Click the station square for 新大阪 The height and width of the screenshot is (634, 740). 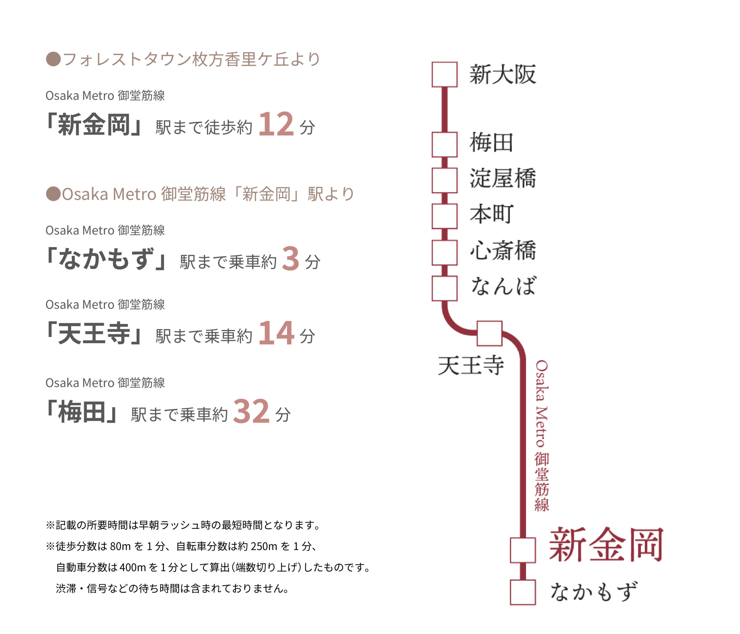[x=444, y=74]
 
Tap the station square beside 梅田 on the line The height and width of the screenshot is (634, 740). [x=444, y=144]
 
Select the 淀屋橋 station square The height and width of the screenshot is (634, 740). [x=444, y=180]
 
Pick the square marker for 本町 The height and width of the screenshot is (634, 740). [x=444, y=216]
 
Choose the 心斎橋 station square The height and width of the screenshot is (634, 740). [x=444, y=252]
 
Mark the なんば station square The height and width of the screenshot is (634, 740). [x=444, y=288]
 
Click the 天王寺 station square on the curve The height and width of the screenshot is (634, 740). [x=489, y=333]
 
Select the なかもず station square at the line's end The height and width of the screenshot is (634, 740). [x=523, y=592]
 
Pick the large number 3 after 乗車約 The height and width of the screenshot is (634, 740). [x=290, y=258]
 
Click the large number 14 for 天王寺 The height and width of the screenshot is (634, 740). [x=276, y=333]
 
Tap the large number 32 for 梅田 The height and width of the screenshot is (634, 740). [x=251, y=411]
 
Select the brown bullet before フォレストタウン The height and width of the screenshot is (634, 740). [x=53, y=59]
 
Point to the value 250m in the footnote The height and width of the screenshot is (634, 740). [x=264, y=546]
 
